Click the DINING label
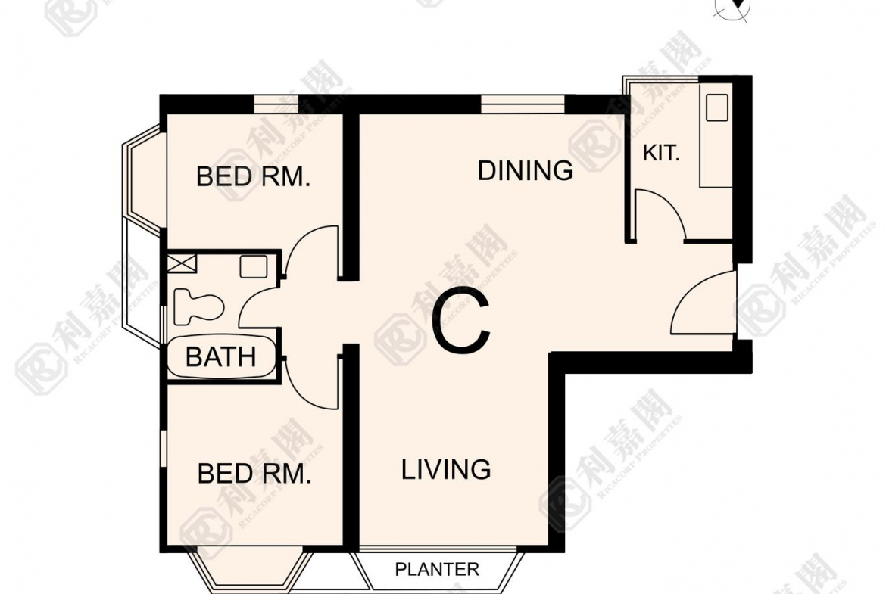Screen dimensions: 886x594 525,170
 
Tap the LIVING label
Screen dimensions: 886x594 446,469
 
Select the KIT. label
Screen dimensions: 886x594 660,152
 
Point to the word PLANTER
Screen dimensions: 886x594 437,569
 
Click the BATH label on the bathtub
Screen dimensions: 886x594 220,357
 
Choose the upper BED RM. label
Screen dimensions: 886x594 253,177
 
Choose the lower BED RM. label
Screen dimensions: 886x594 254,473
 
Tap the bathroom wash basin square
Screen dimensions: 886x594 253,266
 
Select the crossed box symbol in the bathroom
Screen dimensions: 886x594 183,263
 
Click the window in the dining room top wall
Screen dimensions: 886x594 523,104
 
